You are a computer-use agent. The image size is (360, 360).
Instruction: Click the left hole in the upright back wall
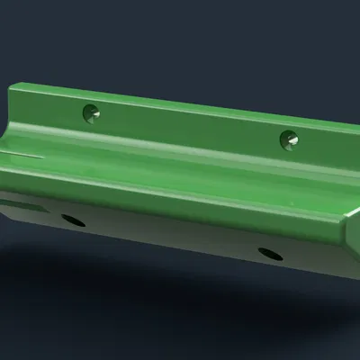90,113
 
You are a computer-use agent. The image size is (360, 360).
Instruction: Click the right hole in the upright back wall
288,139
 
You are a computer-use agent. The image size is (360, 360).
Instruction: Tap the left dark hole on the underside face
73,220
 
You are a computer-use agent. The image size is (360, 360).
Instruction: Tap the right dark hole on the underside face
269,254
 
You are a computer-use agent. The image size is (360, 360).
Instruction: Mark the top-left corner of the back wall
13,87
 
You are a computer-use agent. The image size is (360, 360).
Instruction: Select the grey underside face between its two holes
171,236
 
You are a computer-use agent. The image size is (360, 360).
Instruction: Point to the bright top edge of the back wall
180,104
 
